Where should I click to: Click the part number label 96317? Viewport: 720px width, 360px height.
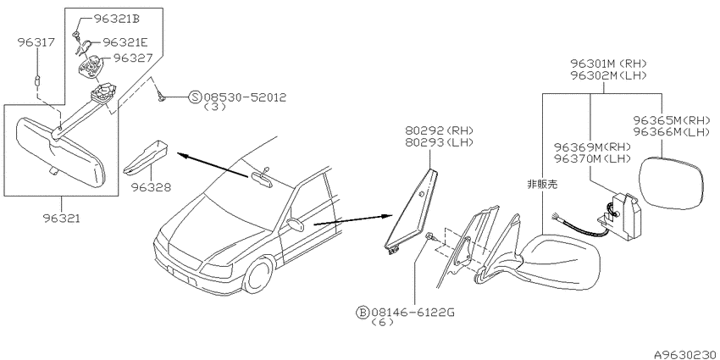36,42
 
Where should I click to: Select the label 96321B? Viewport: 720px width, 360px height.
117,19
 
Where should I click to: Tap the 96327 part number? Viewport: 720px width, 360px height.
132,58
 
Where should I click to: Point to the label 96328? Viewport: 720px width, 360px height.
151,187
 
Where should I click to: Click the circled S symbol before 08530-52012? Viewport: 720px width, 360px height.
196,97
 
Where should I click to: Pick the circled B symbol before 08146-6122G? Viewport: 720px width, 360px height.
363,313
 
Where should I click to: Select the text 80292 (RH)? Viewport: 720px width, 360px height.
439,130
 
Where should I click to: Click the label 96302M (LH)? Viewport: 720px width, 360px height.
608,75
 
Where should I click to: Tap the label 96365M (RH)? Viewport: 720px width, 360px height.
668,121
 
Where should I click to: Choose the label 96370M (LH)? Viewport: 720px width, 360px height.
592,159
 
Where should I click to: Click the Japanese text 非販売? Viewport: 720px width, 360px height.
542,185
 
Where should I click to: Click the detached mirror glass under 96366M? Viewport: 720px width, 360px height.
672,183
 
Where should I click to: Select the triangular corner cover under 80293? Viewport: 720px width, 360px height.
411,210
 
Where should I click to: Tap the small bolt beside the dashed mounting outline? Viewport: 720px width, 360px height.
430,236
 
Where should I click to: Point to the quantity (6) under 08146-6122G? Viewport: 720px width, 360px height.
381,323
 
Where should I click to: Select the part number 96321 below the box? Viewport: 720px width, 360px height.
61,219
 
